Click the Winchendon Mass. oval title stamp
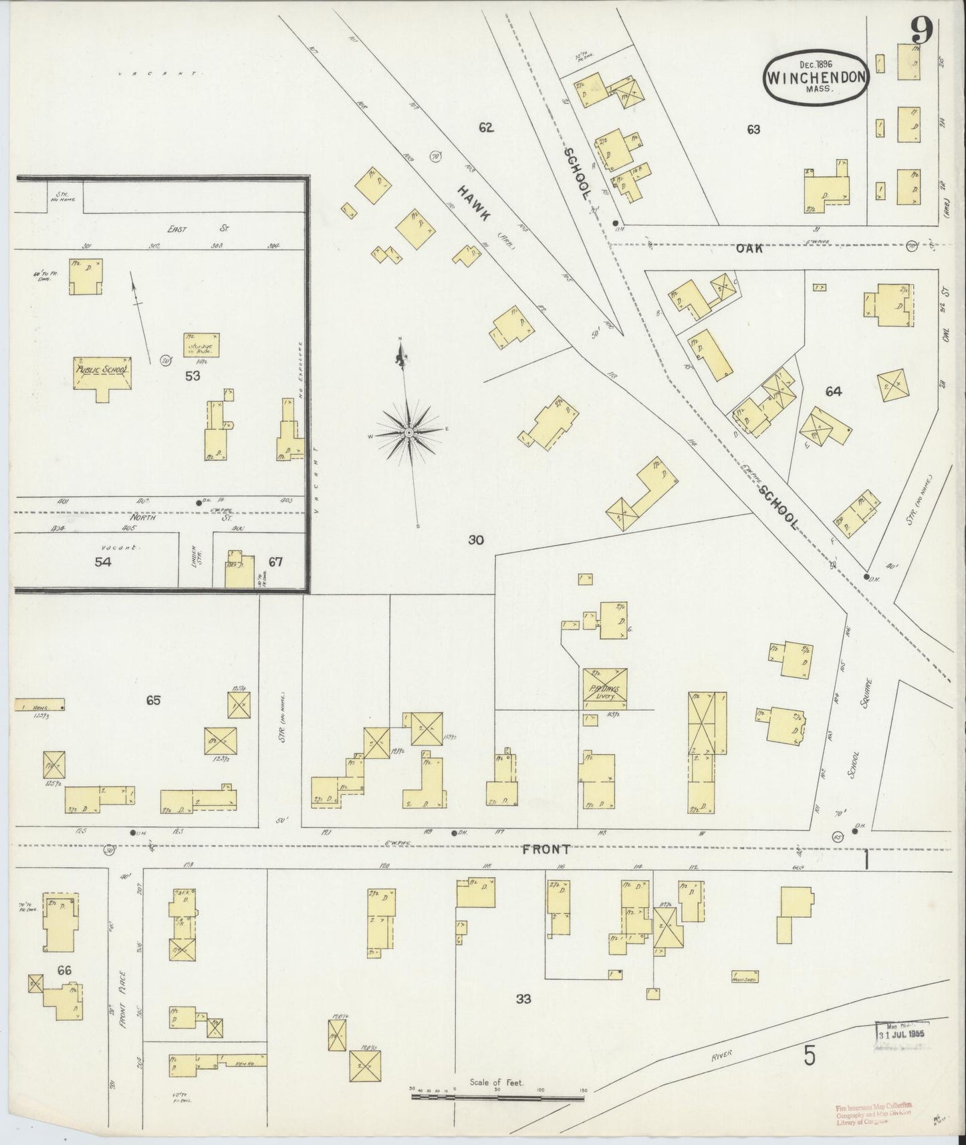tap(816, 76)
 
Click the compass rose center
tap(407, 434)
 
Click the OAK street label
tap(749, 247)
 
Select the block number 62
tap(486, 128)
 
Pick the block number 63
tap(753, 130)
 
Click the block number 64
tap(833, 392)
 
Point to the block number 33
tap(523, 999)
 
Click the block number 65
tap(154, 700)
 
